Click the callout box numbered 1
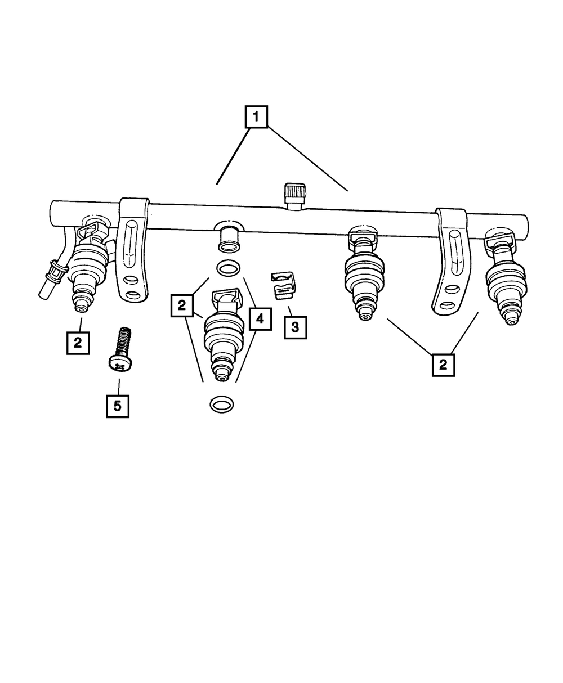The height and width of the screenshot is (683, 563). pyautogui.click(x=256, y=118)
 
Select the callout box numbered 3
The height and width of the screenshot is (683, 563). pyautogui.click(x=296, y=326)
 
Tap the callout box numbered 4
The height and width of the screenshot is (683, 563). pyautogui.click(x=260, y=319)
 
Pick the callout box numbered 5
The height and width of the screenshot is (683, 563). pyautogui.click(x=118, y=406)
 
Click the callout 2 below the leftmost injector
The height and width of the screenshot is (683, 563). pyautogui.click(x=78, y=342)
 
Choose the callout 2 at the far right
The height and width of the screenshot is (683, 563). pyautogui.click(x=444, y=364)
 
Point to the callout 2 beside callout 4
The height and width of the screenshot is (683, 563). pyautogui.click(x=181, y=305)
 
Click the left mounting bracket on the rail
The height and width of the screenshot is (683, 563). pyautogui.click(x=133, y=248)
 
